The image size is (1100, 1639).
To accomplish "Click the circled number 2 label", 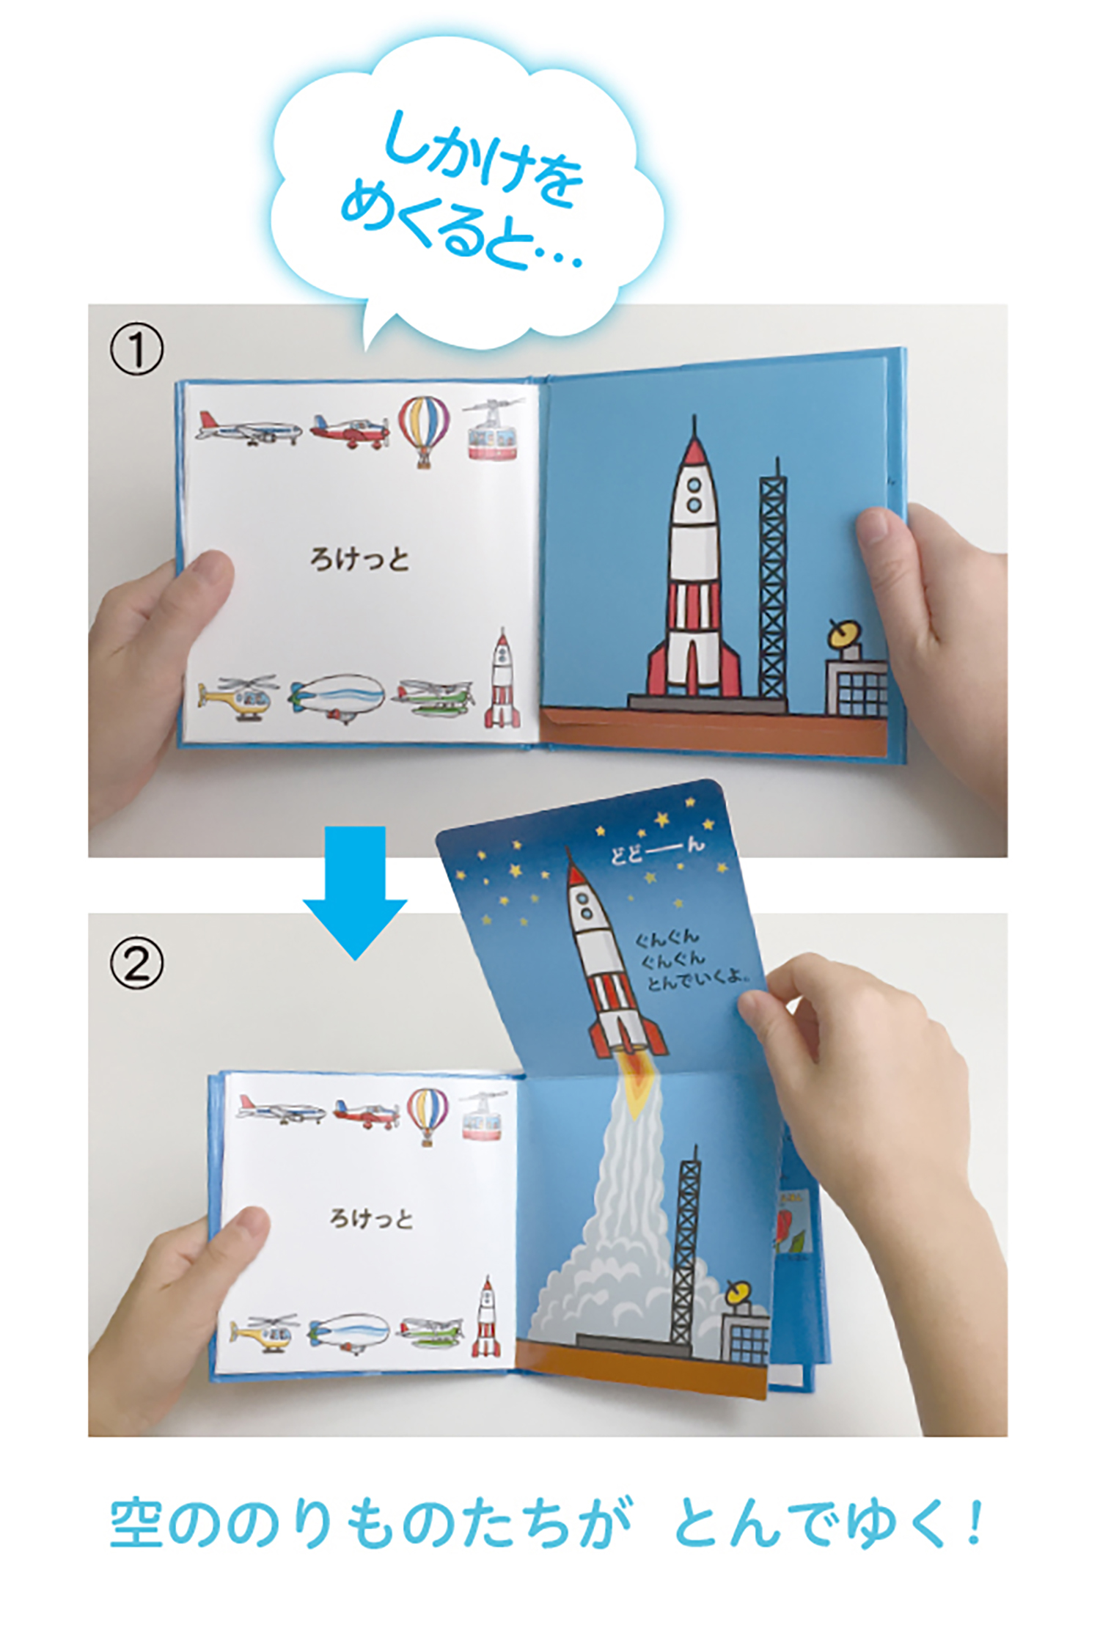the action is [x=136, y=963].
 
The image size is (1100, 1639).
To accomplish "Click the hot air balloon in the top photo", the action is [x=424, y=431].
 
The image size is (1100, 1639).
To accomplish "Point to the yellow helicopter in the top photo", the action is [x=238, y=697].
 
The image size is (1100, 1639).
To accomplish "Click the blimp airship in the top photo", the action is [x=337, y=697].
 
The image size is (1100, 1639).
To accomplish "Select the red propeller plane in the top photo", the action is [x=350, y=430].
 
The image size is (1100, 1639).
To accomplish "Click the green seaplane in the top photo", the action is [x=434, y=699].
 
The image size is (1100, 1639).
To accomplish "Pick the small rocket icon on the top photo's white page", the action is [x=502, y=678].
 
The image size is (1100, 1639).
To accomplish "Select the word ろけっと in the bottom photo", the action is [x=371, y=1219].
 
